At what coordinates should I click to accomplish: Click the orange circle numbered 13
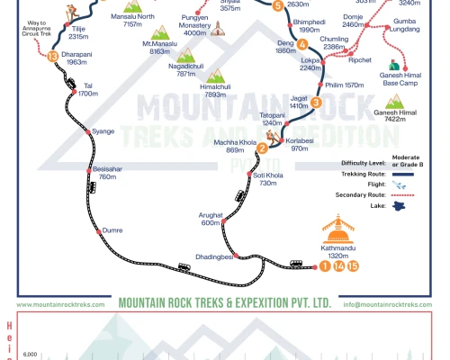53,57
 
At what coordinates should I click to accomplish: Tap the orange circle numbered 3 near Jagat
316,102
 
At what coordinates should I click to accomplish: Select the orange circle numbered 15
354,265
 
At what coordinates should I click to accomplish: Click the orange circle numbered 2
262,147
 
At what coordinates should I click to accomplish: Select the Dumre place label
112,230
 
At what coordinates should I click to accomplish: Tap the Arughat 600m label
211,219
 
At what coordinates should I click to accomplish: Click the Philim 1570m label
344,85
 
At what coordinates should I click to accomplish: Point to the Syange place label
103,131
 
